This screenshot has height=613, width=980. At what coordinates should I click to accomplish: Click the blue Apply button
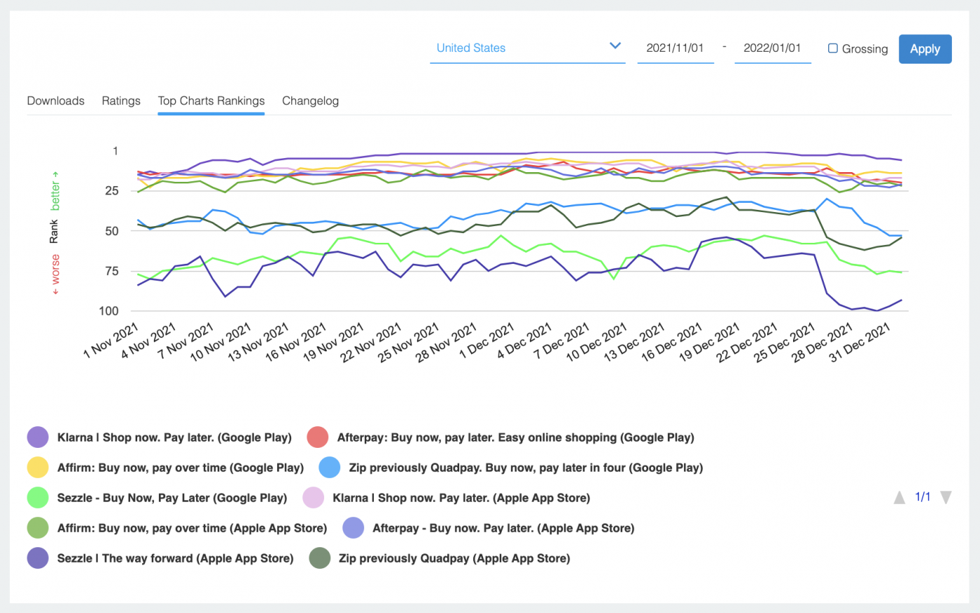point(925,49)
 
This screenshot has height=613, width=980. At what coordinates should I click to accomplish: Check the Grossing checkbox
point(833,48)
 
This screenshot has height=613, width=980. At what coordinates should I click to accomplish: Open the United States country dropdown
point(527,48)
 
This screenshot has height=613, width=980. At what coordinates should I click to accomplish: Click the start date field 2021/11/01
point(675,48)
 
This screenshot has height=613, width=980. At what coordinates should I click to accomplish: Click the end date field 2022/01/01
point(772,48)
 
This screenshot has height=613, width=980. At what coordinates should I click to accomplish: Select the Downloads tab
point(55,101)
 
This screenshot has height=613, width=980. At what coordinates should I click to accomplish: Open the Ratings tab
point(121,101)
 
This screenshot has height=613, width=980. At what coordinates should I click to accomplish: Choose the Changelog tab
point(310,101)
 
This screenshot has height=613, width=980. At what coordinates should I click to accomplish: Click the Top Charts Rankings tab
point(211,101)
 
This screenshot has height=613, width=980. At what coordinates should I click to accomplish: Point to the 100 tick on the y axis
point(108,311)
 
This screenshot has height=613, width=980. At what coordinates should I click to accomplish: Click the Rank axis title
point(54,232)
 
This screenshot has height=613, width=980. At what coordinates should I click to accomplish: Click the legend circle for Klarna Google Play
point(38,437)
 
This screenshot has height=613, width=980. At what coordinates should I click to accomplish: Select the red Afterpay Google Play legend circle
point(318,437)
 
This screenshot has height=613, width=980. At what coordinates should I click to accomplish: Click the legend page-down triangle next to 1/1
point(946,498)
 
